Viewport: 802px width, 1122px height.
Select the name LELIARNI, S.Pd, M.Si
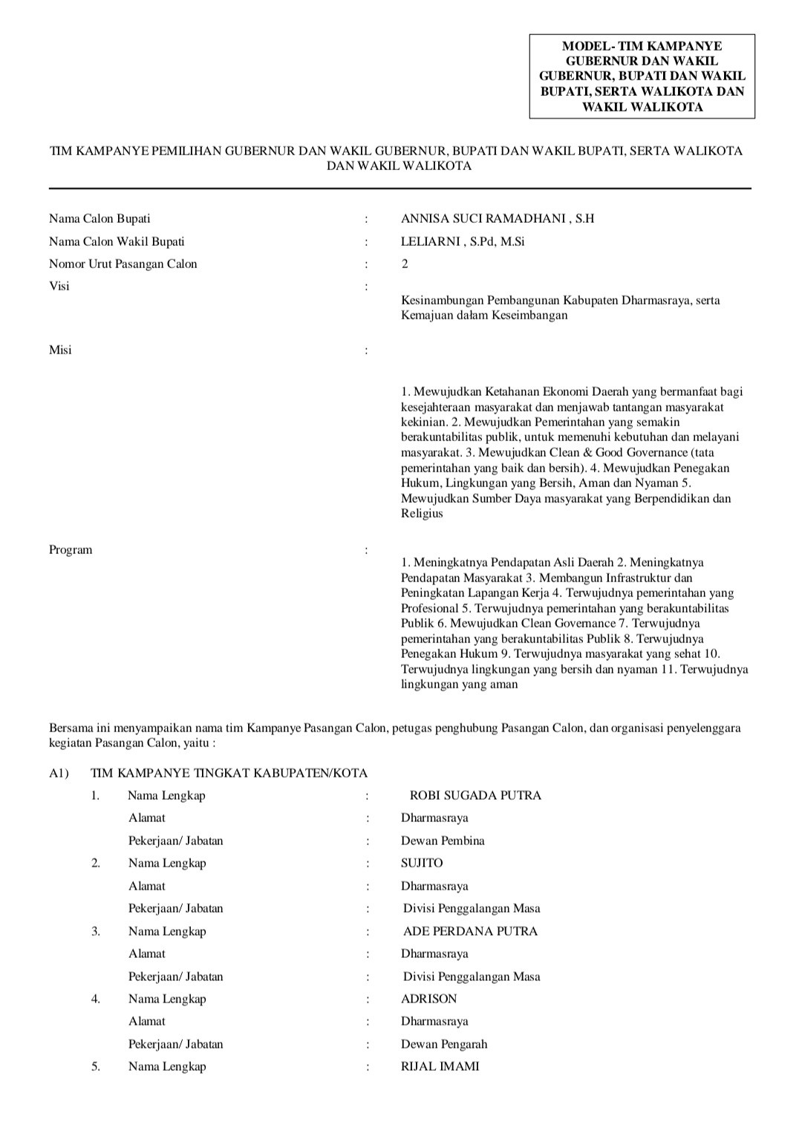coord(463,241)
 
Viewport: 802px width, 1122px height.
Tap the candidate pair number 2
coord(405,264)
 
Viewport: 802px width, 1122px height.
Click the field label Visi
coord(59,286)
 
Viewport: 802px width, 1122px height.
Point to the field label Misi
coord(60,350)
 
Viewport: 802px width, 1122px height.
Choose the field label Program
coord(71,549)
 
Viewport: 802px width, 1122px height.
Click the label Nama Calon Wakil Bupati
coord(117,241)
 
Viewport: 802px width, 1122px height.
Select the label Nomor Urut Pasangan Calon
coord(123,264)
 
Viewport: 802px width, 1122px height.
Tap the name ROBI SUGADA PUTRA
coord(475,795)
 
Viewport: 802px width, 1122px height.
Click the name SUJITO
coord(422,863)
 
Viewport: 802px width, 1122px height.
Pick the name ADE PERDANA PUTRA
coord(470,931)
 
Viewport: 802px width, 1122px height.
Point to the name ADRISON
coord(429,999)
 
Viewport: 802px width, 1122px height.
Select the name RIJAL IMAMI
coord(440,1066)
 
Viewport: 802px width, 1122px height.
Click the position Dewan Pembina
coord(443,841)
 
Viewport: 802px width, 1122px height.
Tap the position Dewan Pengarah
coord(444,1044)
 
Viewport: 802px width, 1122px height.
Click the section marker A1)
coord(59,773)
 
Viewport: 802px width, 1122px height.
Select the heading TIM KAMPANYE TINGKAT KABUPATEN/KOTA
coord(229,773)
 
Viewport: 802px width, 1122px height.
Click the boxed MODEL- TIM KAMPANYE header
coord(642,76)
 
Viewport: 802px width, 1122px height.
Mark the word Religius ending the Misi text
coord(422,513)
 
